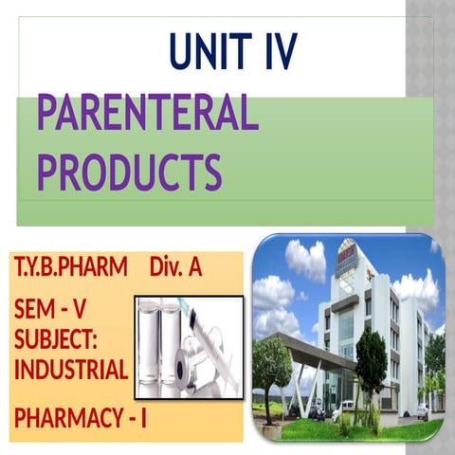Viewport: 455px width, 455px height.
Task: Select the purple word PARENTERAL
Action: pyautogui.click(x=147, y=115)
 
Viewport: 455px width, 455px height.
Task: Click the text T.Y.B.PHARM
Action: pyautogui.click(x=70, y=268)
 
